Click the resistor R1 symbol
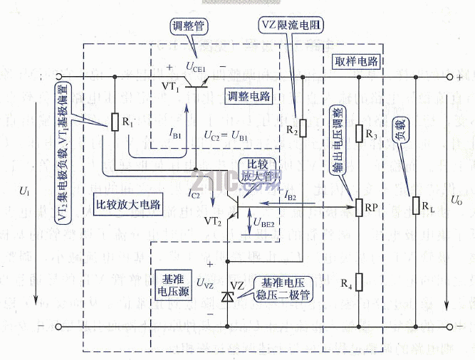click(x=114, y=122)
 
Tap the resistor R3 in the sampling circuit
click(x=357, y=133)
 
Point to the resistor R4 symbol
click(x=357, y=282)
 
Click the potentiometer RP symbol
click(x=357, y=208)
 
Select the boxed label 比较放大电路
click(x=128, y=205)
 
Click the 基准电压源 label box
click(x=171, y=280)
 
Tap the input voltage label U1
click(x=26, y=192)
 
